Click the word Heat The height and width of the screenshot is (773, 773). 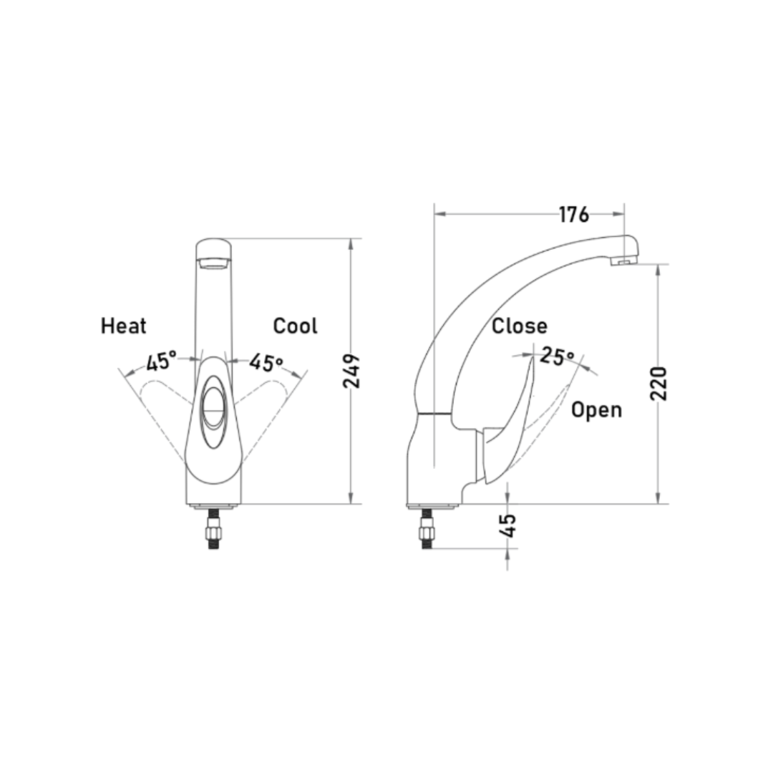click(x=123, y=326)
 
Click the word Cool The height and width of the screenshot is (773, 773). click(x=296, y=326)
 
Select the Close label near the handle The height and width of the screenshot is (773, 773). click(x=520, y=326)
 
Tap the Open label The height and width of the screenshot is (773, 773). click(x=596, y=410)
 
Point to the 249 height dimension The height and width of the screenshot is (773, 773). click(x=351, y=371)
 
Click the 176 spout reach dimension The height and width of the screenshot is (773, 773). click(x=574, y=215)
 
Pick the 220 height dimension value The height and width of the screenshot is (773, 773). click(x=658, y=384)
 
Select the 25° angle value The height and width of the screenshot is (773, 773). click(x=558, y=356)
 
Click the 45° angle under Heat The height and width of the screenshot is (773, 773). click(x=161, y=362)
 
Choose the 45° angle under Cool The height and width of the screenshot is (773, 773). click(x=266, y=363)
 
